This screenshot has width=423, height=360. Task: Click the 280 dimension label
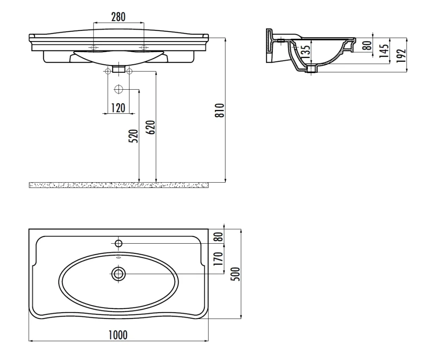tap(118, 17)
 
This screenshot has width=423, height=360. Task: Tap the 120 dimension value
tap(118, 108)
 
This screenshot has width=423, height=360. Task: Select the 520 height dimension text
tap(134, 136)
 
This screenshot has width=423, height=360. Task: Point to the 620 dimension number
tap(151, 127)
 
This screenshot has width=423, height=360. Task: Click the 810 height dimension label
tap(220, 110)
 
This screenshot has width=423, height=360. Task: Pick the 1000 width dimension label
tap(118, 335)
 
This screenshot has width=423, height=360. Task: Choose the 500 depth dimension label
tap(236, 274)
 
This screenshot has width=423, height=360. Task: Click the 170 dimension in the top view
tap(219, 258)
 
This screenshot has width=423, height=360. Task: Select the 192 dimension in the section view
tap(401, 55)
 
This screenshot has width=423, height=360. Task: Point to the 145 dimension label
tap(384, 51)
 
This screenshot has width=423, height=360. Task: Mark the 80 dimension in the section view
tap(367, 45)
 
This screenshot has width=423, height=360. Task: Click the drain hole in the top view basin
tap(118, 274)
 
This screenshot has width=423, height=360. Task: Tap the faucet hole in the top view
tap(119, 243)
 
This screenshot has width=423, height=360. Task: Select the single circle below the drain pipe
tap(118, 89)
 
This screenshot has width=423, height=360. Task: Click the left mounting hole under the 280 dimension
tap(93, 48)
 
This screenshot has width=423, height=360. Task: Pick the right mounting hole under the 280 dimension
tap(143, 48)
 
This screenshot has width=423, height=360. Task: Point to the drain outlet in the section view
tap(312, 69)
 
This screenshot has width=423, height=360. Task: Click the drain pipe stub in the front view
tap(119, 69)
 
